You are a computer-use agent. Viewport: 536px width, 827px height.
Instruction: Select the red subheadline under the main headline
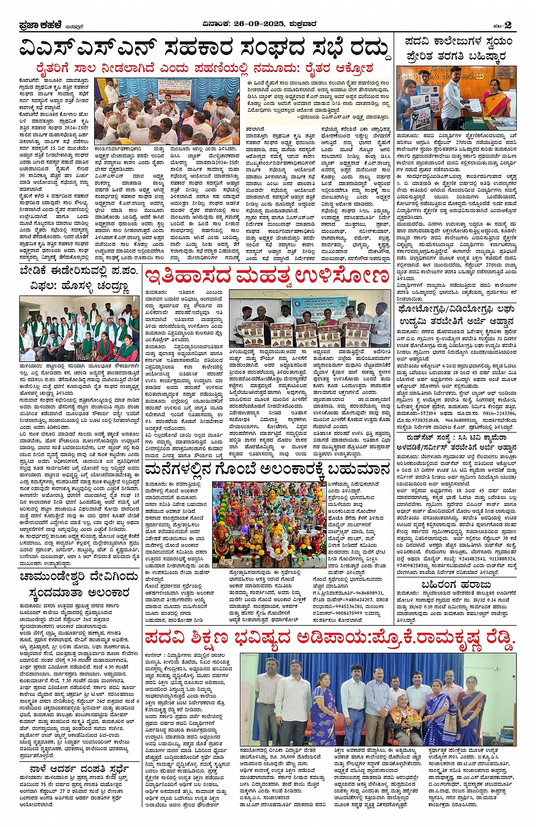(x=204, y=69)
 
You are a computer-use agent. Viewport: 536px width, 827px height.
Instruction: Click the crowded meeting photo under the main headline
(x=170, y=111)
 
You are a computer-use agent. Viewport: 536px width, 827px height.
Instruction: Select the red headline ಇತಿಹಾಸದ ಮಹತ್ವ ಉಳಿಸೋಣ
(x=267, y=277)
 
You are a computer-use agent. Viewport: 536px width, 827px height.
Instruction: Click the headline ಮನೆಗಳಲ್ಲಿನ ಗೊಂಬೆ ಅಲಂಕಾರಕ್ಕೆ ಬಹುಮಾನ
(x=267, y=470)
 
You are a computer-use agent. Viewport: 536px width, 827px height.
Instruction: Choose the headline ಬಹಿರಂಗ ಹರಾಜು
(x=456, y=584)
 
